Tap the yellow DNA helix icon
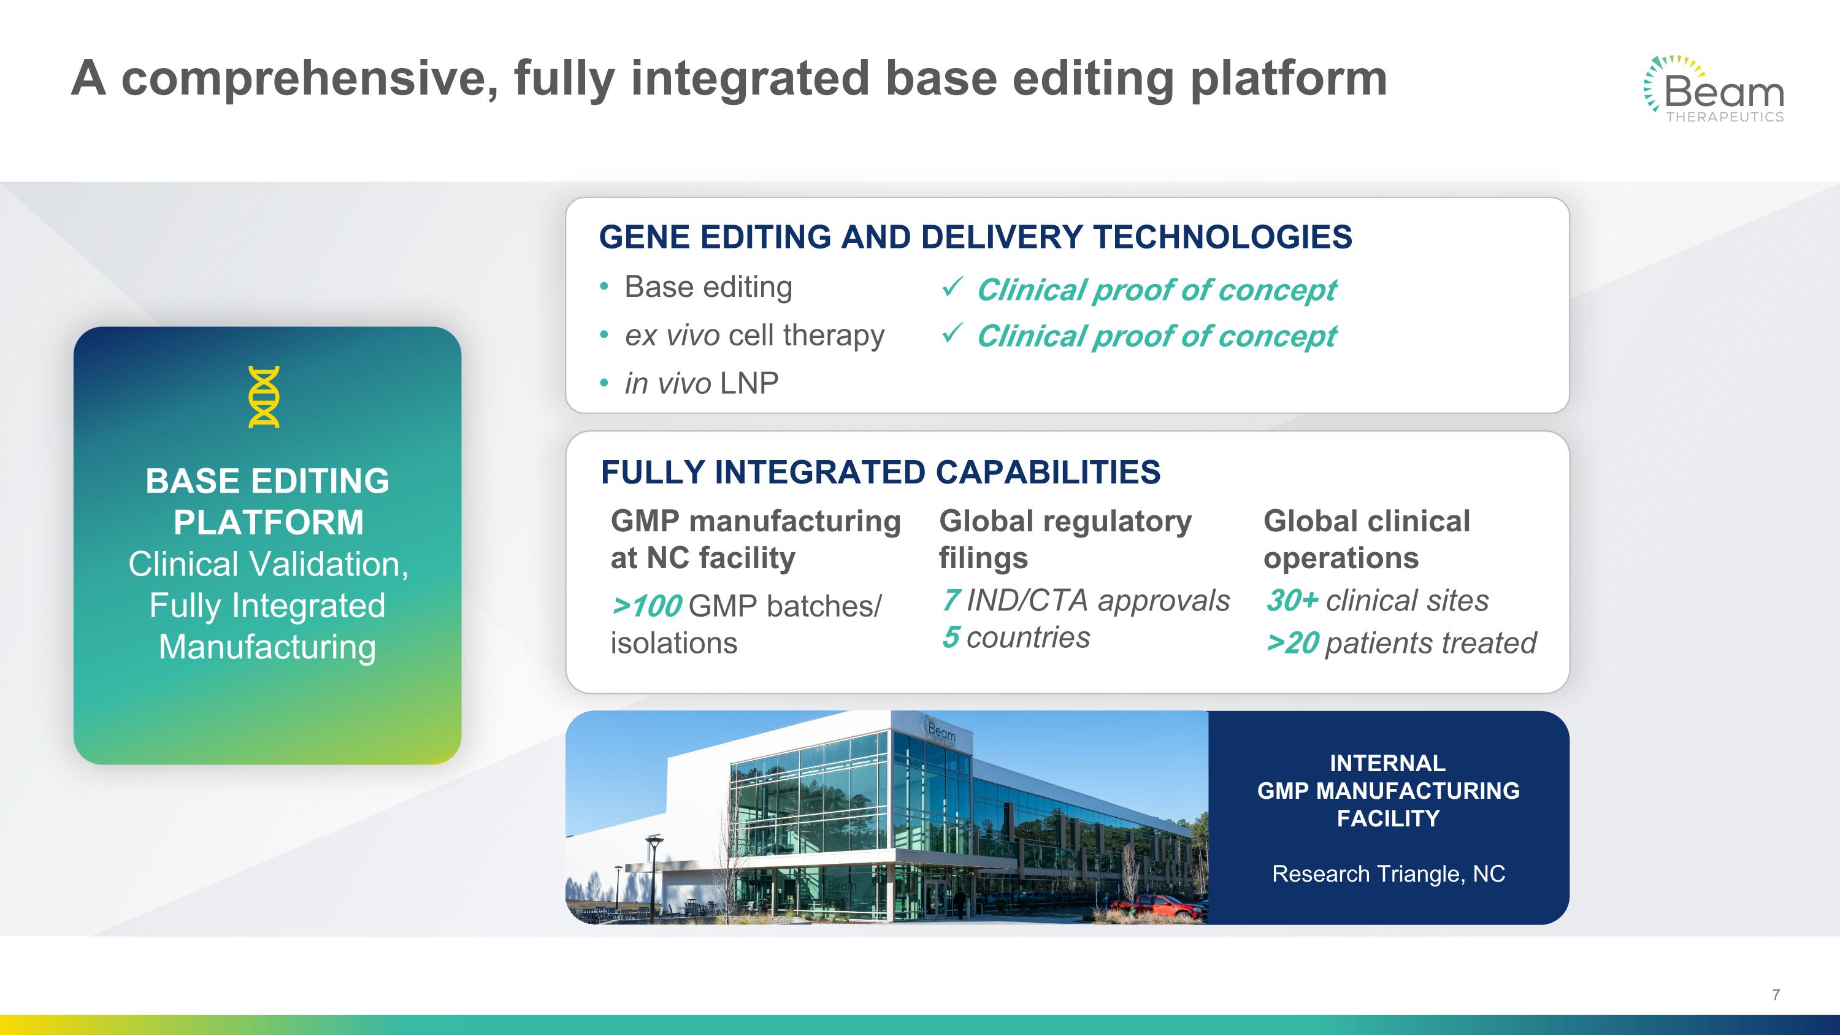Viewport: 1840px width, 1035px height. [x=264, y=397]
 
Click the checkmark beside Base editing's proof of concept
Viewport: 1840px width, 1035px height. [x=952, y=287]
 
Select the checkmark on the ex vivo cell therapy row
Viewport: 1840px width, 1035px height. [x=952, y=333]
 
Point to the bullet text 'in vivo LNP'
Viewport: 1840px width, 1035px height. [x=702, y=383]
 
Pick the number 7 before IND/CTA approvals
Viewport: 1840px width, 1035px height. [x=951, y=600]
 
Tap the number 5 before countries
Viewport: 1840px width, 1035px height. [x=951, y=637]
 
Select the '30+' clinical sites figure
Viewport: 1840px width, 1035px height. [x=1292, y=600]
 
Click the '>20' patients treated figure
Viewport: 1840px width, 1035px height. [x=1292, y=643]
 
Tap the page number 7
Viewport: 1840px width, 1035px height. [x=1776, y=995]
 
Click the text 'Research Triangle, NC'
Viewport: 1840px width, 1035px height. [x=1389, y=874]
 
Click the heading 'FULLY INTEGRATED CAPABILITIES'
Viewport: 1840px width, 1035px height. [x=881, y=472]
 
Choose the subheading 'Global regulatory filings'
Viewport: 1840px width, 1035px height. [x=1065, y=539]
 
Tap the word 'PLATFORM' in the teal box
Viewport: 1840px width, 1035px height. [x=269, y=522]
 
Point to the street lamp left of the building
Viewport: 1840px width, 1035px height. [x=652, y=878]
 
